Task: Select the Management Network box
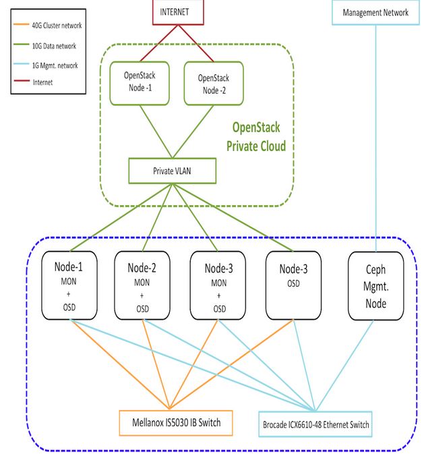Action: (x=375, y=13)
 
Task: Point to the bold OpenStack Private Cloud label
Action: (x=259, y=137)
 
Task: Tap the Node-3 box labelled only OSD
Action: (x=293, y=285)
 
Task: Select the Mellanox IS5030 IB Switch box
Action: (x=175, y=422)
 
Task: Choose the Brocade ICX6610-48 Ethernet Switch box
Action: (x=315, y=424)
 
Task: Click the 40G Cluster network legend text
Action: (x=56, y=27)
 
